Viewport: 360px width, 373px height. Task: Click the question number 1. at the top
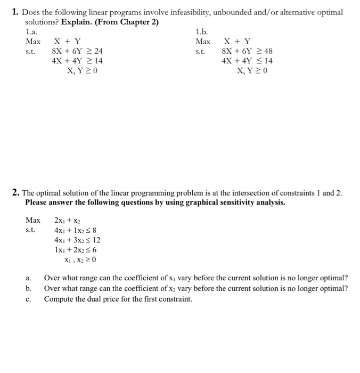[15, 12]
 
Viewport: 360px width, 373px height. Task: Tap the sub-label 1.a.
[32, 31]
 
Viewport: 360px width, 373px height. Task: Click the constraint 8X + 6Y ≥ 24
[77, 51]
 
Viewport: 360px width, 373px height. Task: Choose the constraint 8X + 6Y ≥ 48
[247, 51]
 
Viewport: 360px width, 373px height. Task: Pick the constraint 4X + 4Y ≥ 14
[77, 61]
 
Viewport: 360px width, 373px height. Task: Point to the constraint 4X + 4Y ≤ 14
[247, 61]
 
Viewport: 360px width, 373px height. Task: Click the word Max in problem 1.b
[203, 42]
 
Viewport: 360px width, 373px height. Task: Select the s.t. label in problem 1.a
[30, 51]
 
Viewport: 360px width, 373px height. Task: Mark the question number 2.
[16, 192]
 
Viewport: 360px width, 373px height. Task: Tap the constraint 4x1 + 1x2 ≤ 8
[76, 231]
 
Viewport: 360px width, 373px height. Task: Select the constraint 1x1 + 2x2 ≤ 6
[76, 250]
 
